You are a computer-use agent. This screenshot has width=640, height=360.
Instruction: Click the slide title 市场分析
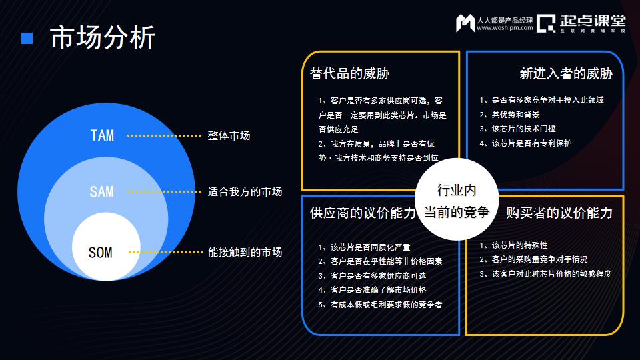click(102, 37)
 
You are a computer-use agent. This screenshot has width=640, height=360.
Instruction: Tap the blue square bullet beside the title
click(27, 39)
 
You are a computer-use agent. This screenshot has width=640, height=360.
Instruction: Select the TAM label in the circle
click(102, 135)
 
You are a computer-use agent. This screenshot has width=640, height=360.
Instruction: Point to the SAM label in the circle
click(101, 192)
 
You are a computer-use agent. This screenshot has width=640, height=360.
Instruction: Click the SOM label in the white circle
click(101, 253)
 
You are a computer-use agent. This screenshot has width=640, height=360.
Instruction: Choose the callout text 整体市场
click(229, 135)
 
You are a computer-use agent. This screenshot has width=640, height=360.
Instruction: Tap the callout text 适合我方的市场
click(245, 192)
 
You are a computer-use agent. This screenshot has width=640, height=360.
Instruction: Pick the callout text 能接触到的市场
click(245, 252)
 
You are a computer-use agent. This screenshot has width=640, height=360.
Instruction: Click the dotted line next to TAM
click(164, 135)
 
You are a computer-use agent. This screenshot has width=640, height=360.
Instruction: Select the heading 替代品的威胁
click(349, 73)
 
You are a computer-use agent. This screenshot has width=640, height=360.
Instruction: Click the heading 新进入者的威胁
click(566, 73)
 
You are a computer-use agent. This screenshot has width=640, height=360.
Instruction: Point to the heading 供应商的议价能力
click(363, 213)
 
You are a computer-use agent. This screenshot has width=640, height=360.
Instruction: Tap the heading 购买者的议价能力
click(559, 213)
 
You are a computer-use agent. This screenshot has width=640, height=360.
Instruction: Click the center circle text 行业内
click(457, 190)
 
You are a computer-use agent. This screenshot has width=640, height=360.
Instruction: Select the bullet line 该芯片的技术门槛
click(517, 129)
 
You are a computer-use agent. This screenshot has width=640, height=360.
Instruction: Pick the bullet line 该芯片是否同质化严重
click(364, 247)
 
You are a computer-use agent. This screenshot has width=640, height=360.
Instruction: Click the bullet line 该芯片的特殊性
click(513, 245)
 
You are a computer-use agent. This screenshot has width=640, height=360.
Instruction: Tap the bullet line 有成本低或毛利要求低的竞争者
click(380, 305)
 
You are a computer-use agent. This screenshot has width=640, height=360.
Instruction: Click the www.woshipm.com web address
click(505, 28)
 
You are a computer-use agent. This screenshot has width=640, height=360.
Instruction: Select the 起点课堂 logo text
click(593, 21)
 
